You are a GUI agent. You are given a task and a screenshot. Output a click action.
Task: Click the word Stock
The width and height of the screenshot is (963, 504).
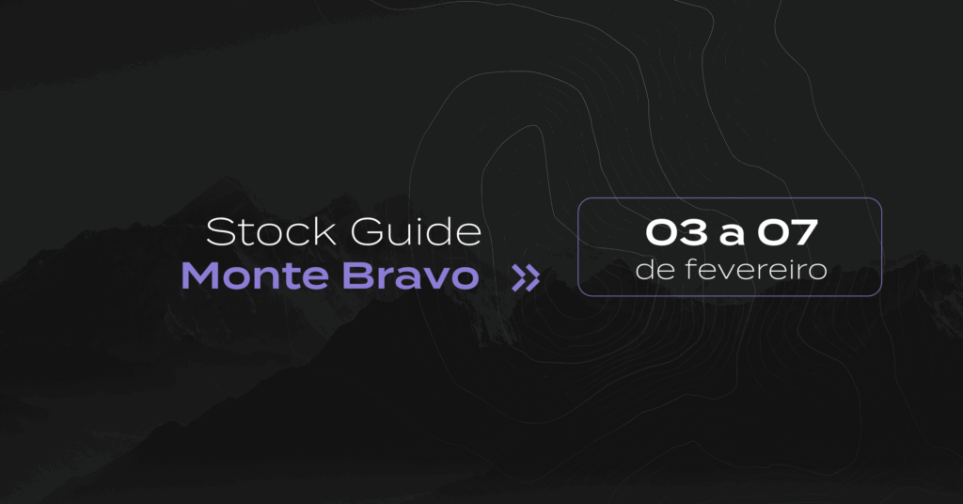point(272,232)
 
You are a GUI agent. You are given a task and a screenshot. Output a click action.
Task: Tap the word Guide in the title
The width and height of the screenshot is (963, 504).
point(416,232)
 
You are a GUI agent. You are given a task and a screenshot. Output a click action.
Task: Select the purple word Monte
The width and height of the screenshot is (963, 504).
point(255,276)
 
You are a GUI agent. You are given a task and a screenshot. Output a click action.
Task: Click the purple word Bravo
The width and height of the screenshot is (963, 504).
point(410,276)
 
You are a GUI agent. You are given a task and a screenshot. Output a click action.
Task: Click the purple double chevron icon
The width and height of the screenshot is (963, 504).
point(526,278)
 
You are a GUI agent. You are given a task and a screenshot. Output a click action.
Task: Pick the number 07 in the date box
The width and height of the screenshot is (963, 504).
point(787,232)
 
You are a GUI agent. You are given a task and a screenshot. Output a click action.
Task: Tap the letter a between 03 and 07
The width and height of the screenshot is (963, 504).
point(732,235)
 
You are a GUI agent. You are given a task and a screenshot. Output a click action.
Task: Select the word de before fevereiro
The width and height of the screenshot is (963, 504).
point(655,269)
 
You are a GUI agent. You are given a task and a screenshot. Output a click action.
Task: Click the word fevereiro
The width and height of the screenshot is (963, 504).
point(756,269)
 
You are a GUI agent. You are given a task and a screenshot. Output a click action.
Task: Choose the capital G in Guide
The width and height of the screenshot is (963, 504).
point(368,232)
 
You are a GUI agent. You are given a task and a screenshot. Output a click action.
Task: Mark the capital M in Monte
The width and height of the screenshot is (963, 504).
point(200,276)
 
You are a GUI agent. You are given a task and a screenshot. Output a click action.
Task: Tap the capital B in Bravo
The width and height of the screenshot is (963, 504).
point(357,276)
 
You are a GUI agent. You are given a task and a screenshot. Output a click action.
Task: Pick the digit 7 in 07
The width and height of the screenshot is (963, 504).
point(804,232)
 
